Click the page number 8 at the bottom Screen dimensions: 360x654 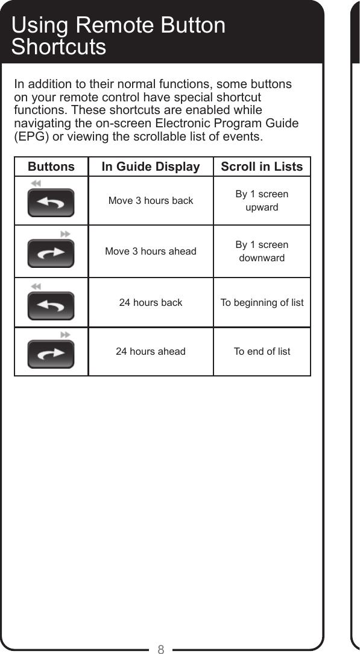coord(161,649)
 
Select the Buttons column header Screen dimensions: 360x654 coord(51,167)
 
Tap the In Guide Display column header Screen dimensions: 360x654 coord(151,167)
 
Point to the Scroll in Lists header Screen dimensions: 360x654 coord(262,167)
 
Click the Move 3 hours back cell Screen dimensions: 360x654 coord(151,200)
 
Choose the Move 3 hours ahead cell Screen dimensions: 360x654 coord(151,251)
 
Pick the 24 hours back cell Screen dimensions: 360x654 coord(151,302)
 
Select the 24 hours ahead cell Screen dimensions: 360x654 coord(151,351)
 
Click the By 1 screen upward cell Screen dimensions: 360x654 coord(262,200)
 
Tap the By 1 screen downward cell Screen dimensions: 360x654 coord(262,251)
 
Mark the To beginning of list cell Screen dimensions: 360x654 coord(262,302)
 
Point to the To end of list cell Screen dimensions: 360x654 coord(262,351)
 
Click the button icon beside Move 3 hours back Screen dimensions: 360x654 coord(51,203)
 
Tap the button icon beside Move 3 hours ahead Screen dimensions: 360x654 coord(51,253)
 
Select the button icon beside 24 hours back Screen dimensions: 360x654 coord(51,305)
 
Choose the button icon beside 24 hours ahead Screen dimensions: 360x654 coord(51,354)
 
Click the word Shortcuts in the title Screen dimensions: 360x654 coord(58,47)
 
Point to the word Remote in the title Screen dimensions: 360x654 coord(118,26)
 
